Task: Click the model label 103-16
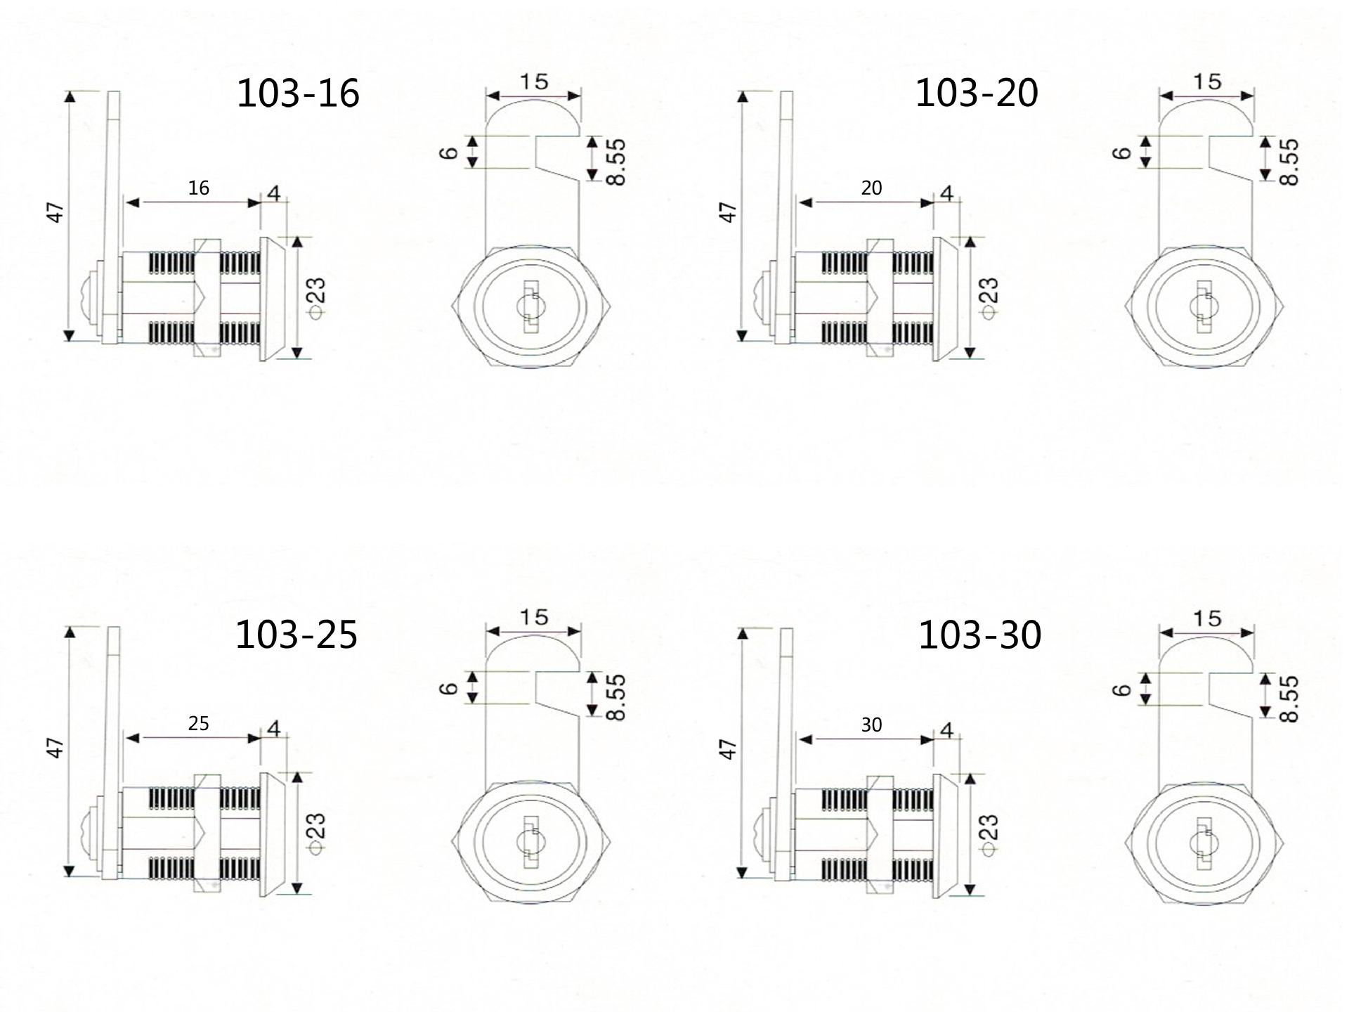tap(298, 93)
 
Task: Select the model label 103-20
tap(977, 93)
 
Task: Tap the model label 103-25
tap(296, 635)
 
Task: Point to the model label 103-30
tap(980, 635)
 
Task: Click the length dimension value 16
tap(199, 188)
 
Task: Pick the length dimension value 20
tap(871, 188)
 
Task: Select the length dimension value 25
tap(199, 723)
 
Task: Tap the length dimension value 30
tap(871, 725)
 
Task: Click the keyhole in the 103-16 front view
tap(530, 307)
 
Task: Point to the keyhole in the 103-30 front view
tap(1204, 843)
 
